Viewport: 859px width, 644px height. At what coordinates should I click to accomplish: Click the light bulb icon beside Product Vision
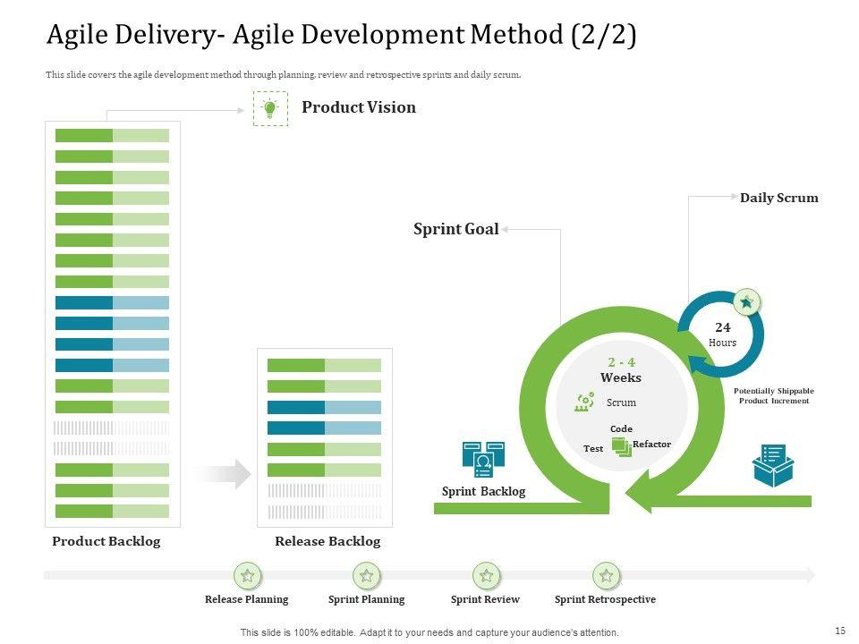coord(270,108)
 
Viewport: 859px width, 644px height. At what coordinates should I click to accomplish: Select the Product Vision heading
coord(359,107)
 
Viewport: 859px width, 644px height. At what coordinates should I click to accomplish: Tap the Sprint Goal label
coord(455,229)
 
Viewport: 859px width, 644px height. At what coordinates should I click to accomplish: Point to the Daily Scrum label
coord(778,198)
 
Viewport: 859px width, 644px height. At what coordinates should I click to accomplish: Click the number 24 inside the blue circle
coord(722,328)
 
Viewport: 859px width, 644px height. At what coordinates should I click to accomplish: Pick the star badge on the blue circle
coord(746,303)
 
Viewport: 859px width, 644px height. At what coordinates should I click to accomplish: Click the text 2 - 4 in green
coord(621,362)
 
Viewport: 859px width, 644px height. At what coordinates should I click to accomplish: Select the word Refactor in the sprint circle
coord(651,445)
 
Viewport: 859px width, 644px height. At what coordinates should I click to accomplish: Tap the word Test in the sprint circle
coord(593,448)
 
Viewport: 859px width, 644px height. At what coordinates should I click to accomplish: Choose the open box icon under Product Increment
coord(773,465)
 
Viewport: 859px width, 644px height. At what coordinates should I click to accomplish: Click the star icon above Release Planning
coord(247,575)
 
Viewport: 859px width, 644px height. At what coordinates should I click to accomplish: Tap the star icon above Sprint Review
coord(486,575)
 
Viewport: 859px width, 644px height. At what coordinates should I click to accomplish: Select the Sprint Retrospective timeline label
coord(605,599)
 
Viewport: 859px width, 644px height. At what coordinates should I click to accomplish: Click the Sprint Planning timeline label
coord(366,599)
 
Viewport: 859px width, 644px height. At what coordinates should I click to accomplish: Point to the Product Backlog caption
coord(106,541)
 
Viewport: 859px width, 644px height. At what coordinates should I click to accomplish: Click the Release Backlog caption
coord(327,541)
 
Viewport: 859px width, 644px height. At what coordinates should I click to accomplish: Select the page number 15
coord(839,631)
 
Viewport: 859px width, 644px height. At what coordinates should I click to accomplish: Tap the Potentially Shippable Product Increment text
coord(774,396)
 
